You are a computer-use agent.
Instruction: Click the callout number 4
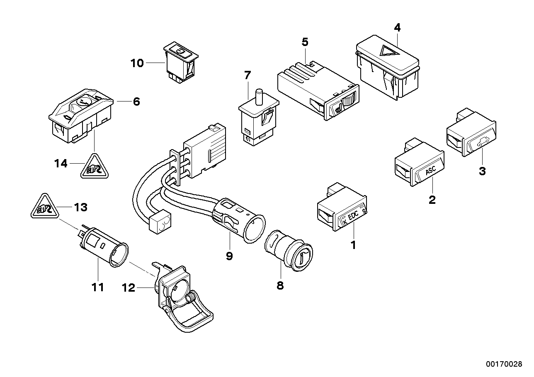pyautogui.click(x=397, y=28)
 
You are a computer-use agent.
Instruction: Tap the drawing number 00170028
pyautogui.click(x=504, y=364)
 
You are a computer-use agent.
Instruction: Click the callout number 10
pyautogui.click(x=137, y=63)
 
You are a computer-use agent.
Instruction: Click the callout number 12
pyautogui.click(x=129, y=288)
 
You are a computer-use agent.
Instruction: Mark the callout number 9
pyautogui.click(x=229, y=256)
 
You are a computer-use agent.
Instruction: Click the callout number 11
pyautogui.click(x=97, y=287)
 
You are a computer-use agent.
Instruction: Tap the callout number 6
pyautogui.click(x=136, y=101)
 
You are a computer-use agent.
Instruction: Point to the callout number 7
pyautogui.click(x=247, y=75)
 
